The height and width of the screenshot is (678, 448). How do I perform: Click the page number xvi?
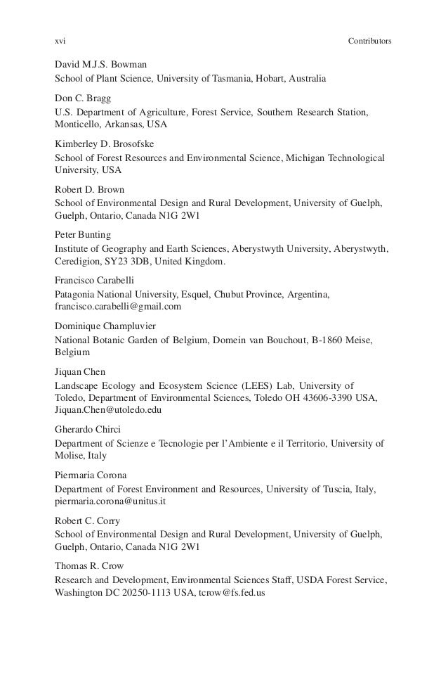(60, 41)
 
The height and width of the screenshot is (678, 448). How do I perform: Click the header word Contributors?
(369, 41)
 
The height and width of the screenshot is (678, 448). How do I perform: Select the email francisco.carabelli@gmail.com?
(118, 307)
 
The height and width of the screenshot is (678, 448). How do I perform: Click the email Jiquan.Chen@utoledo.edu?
(108, 409)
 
